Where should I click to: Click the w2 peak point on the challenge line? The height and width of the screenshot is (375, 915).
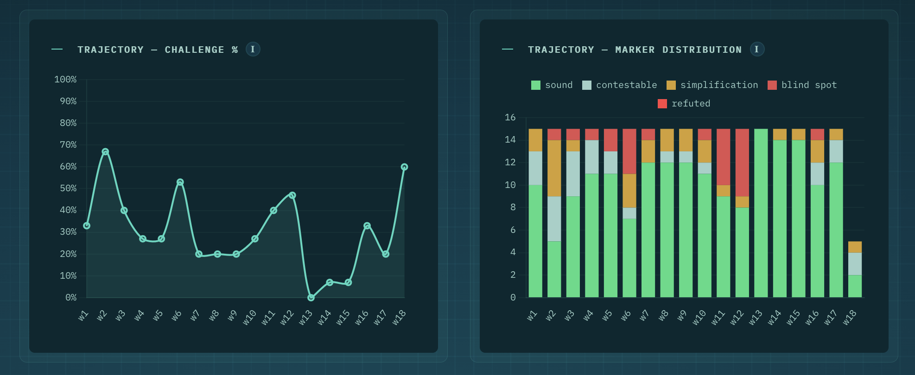(105, 152)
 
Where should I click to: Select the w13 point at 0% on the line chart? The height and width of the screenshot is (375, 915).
(311, 298)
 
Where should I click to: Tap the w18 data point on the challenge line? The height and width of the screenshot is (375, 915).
(404, 167)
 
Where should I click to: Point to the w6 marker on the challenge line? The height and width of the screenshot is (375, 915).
(180, 182)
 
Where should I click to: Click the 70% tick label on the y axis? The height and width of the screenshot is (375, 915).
(68, 145)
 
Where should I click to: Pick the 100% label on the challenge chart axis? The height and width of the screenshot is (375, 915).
(65, 80)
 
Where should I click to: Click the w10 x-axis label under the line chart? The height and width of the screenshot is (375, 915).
(249, 318)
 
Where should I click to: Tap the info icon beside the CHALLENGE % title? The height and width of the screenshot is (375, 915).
(253, 49)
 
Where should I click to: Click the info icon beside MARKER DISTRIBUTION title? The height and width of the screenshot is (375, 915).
(757, 49)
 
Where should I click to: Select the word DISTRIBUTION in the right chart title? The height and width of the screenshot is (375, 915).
(702, 50)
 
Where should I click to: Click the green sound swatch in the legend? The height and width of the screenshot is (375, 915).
(536, 85)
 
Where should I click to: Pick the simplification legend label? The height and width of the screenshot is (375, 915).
(719, 85)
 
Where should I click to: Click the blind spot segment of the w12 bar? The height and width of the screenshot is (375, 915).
(742, 162)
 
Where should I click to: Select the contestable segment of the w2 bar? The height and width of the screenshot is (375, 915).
(554, 219)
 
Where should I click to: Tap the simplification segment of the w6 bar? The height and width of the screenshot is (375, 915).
(629, 191)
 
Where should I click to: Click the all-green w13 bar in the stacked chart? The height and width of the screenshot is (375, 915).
(761, 213)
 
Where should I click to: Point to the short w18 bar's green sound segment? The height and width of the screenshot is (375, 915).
(855, 286)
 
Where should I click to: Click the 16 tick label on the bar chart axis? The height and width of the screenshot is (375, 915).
(510, 118)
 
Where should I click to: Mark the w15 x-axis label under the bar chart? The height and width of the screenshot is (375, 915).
(793, 318)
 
